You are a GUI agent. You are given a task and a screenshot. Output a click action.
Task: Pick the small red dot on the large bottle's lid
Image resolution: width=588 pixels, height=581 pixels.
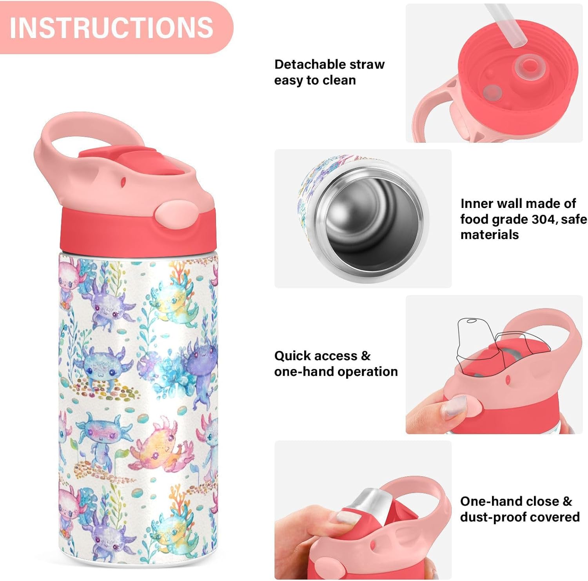(123, 182)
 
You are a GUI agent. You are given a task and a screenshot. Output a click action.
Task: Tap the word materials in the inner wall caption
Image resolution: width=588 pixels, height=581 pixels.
(489, 235)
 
